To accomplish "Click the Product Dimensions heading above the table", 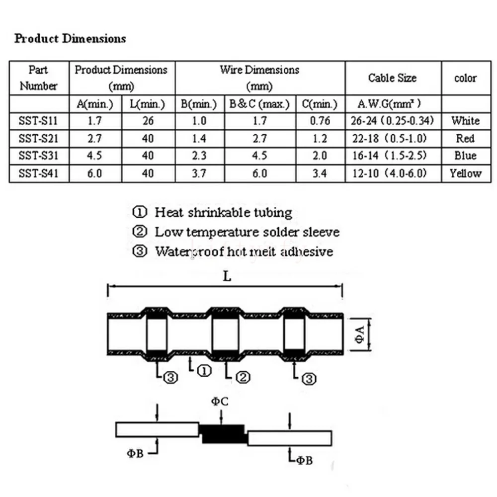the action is [70, 39].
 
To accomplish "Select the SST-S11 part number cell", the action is [38, 121].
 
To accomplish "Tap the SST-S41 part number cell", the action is [38, 173].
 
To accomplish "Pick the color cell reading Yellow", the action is [465, 173].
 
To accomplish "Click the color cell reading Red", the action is [465, 138].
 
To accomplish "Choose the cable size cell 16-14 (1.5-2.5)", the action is [393, 156].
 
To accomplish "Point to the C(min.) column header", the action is [320, 104].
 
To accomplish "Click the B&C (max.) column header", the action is [259, 104].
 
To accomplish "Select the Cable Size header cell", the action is [392, 78].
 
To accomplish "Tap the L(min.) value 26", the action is [148, 121].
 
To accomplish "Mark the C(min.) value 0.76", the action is [320, 121].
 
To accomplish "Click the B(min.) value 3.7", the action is [198, 173].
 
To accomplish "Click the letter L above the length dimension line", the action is [227, 277].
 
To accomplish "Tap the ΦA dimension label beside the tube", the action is [361, 334].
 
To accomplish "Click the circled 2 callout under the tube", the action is [242, 378].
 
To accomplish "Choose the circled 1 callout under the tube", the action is [203, 370].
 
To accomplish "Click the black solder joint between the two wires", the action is [223, 434].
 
